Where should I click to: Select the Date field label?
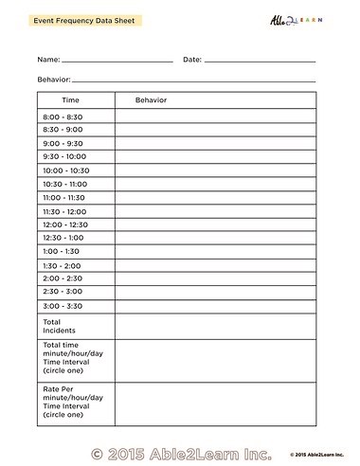click(191, 59)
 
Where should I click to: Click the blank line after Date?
click(260, 62)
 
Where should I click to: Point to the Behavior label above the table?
click(53, 80)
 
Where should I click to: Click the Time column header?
click(71, 99)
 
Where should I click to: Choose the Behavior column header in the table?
click(151, 99)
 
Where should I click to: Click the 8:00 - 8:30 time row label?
click(63, 116)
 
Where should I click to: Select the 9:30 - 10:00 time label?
click(64, 156)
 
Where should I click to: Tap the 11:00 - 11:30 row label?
click(64, 197)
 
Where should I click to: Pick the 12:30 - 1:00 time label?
click(63, 238)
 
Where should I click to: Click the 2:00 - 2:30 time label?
click(63, 278)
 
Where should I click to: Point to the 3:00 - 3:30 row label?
click(63, 306)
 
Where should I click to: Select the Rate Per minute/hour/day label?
click(72, 402)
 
